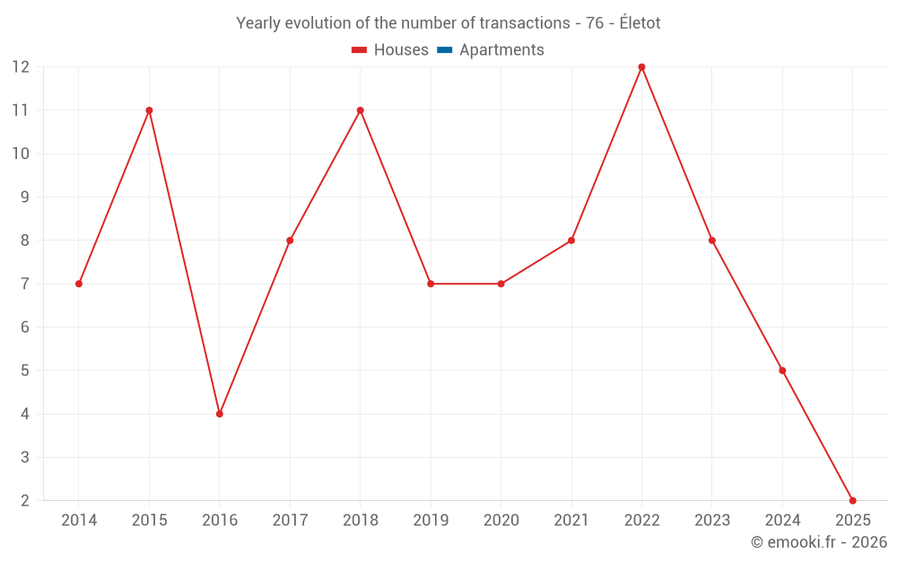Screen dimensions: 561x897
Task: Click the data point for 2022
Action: tap(641, 67)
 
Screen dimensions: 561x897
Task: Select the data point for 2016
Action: tap(220, 414)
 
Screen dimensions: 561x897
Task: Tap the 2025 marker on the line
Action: tap(852, 500)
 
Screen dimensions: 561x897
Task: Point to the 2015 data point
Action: tap(149, 110)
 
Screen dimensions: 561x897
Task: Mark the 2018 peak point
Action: tap(360, 110)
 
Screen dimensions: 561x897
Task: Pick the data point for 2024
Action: tap(782, 371)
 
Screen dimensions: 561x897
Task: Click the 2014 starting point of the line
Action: tap(79, 284)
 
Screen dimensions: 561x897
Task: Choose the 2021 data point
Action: tap(571, 241)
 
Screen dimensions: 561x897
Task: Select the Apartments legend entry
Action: tap(501, 50)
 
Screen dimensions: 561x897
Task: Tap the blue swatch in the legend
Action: tap(444, 50)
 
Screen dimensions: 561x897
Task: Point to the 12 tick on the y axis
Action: tap(21, 67)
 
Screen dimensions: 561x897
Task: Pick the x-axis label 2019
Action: tap(431, 521)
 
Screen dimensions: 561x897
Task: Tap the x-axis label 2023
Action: tap(712, 521)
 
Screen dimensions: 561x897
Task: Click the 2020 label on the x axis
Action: tap(501, 521)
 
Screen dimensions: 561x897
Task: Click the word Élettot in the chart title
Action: tap(640, 23)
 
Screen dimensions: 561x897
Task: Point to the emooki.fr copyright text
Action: tap(819, 542)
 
